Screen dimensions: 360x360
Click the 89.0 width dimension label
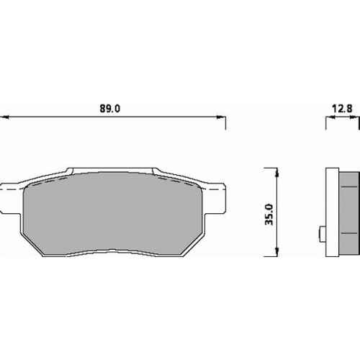pyautogui.click(x=109, y=109)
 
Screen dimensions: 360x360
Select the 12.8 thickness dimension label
pyautogui.click(x=342, y=109)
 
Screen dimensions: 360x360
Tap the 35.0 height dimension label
pyautogui.click(x=269, y=215)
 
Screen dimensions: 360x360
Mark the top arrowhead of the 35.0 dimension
pyautogui.click(x=277, y=172)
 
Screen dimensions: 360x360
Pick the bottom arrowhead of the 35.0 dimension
pyautogui.click(x=277, y=252)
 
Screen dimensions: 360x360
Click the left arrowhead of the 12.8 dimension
pyautogui.click(x=330, y=117)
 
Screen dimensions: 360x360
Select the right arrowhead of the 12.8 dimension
pyautogui.click(x=354, y=117)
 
